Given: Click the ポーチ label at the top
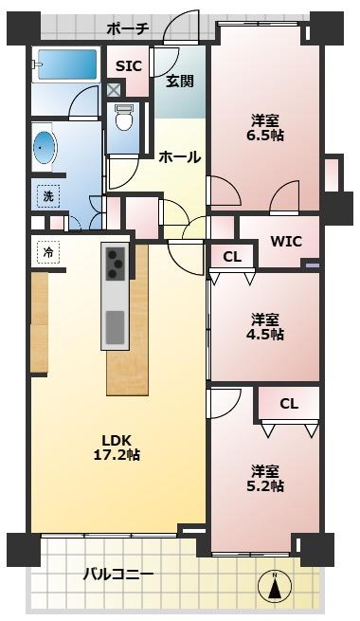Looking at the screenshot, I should [128, 28].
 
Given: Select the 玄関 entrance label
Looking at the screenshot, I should [180, 82].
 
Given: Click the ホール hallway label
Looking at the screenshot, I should [179, 156].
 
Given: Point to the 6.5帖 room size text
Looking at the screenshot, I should [265, 136].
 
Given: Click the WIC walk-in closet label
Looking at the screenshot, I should [285, 241].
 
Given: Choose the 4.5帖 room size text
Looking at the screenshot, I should [265, 334].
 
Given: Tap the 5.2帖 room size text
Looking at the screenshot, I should [265, 486].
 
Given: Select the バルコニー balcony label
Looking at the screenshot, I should [118, 574].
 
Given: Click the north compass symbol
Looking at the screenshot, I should [275, 588].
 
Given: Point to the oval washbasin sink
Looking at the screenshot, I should [44, 148].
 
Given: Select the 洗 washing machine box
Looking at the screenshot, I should [47, 196].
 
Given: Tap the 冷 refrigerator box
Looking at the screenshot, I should [46, 253].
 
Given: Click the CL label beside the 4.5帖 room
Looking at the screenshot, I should [232, 256].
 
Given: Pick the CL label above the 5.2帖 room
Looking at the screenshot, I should [288, 404].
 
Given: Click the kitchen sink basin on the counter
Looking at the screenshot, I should [115, 327].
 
